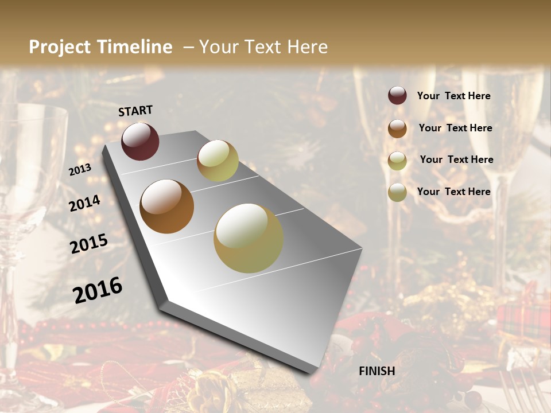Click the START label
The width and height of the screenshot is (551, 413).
135,111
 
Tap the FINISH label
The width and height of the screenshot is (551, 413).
377,371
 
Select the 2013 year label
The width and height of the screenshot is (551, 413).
80,170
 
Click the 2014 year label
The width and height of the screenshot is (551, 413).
85,203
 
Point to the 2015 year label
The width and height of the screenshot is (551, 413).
89,244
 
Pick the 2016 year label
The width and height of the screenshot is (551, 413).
98,290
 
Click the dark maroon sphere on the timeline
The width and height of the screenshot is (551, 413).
140,141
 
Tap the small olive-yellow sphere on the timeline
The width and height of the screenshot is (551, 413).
218,161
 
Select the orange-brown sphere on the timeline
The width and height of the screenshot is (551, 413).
166,206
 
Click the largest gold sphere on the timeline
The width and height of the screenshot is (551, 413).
248,238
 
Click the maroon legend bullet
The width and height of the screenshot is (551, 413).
397,95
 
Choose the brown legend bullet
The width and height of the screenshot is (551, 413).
397,128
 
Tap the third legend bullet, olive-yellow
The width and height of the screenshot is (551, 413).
397,161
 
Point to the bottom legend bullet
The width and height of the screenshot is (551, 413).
397,192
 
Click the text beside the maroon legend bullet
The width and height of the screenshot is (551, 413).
453,96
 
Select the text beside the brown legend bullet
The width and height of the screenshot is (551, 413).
455,128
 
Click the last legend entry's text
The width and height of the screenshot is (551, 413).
453,192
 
